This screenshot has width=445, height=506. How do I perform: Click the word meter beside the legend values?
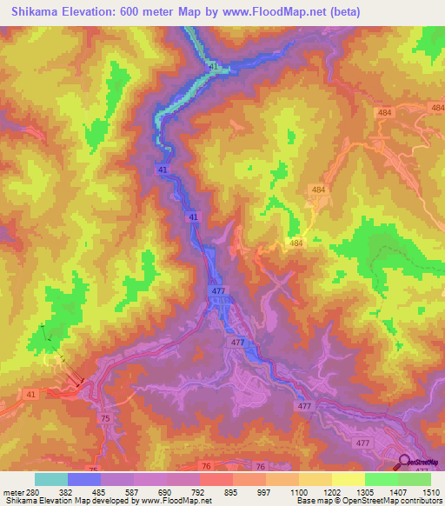point(11,493)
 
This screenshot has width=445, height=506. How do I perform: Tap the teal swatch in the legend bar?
point(51,479)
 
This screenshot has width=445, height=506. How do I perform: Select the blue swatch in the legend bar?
point(84,479)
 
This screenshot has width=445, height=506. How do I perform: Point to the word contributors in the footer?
point(416,501)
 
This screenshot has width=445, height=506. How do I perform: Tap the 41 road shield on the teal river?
point(214,67)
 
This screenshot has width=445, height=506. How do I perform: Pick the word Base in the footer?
point(305,501)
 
